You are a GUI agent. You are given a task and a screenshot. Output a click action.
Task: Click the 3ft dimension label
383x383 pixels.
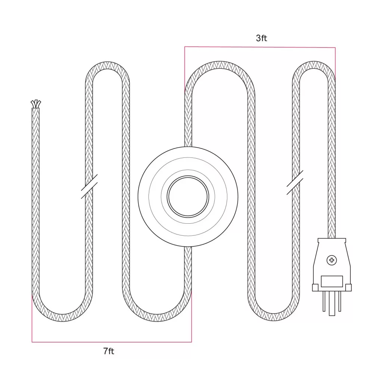coord(261,38)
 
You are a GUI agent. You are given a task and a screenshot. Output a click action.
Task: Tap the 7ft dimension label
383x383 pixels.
coord(109,351)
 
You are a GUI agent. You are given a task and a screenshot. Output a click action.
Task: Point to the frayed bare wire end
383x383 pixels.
coord(36,104)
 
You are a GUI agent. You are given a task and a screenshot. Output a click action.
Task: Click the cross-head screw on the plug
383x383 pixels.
coord(331,260)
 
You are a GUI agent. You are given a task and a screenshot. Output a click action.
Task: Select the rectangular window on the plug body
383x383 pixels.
coord(332,281)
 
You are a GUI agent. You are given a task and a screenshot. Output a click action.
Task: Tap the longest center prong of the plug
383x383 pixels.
coord(332,303)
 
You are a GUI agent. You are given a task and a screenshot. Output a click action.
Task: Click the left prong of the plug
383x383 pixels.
coord(324,301)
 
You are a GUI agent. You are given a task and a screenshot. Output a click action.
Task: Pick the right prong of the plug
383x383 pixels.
coord(340,301)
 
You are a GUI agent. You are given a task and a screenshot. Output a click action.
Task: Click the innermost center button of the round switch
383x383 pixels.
coord(188,197)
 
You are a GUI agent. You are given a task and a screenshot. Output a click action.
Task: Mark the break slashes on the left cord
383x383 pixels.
coord(89,186)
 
